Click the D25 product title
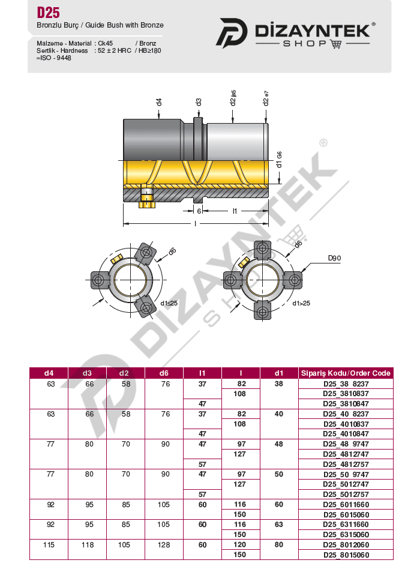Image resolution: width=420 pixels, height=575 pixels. (x=48, y=13)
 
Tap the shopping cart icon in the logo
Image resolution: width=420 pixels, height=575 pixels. (x=336, y=44)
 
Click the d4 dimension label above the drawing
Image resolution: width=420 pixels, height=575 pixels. (x=158, y=102)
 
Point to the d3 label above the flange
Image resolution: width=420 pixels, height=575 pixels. (x=198, y=102)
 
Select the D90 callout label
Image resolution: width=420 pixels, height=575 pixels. (x=334, y=258)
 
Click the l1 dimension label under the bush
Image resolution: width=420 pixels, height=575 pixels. (x=235, y=211)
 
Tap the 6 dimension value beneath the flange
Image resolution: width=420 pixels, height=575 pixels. (x=199, y=211)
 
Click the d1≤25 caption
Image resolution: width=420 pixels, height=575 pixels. (x=169, y=303)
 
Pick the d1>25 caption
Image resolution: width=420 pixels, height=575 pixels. (x=301, y=303)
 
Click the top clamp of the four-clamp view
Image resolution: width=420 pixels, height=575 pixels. (x=262, y=249)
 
